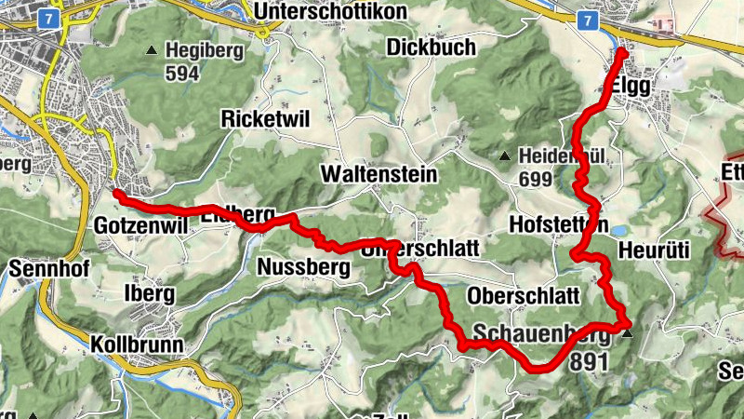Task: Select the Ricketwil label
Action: pos(265,118)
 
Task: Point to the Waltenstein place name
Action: pos(378,174)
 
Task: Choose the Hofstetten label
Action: pos(559,225)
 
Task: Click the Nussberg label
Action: pos(302,269)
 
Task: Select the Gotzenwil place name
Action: pos(139,226)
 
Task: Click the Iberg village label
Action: pos(149,293)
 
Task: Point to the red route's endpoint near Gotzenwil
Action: pos(118,194)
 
